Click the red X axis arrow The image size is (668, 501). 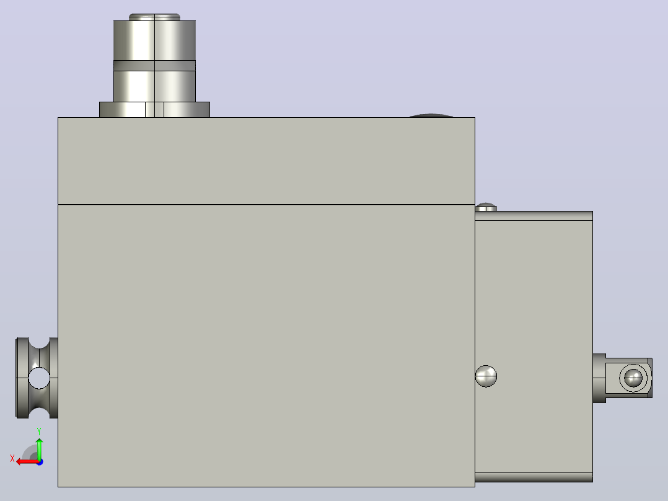point(27,461)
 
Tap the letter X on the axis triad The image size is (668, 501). point(12,458)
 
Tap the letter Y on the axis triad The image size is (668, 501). point(39,431)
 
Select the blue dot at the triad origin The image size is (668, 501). point(40,462)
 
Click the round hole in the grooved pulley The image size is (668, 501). point(39,378)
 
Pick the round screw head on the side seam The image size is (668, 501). point(486,376)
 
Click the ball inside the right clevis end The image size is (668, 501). point(633,378)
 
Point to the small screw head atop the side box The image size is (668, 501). point(486,207)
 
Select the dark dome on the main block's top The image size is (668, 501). point(431,115)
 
